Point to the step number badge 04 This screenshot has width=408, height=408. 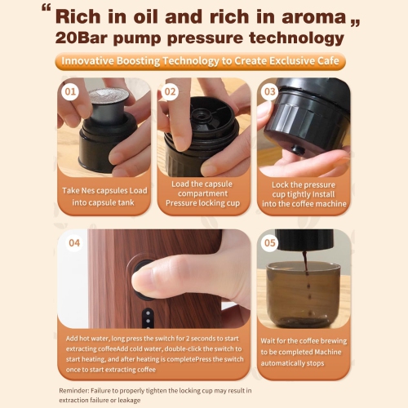tap(74, 242)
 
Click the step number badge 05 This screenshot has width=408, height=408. tap(270, 242)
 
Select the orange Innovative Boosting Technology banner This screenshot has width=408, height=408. tap(203, 62)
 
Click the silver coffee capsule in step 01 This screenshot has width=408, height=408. tap(105, 98)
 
